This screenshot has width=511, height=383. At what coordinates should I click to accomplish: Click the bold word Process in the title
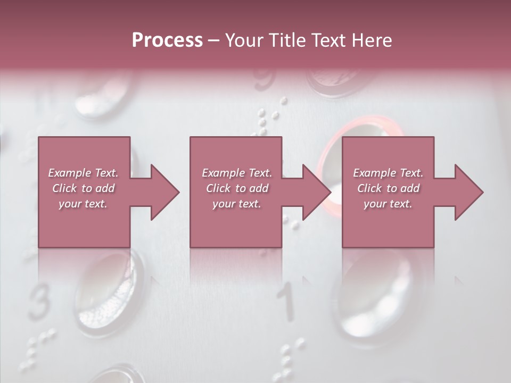tap(167, 40)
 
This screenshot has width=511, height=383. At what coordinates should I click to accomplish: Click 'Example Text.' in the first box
tap(84, 173)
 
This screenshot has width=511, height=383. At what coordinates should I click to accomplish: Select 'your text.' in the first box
tap(84, 204)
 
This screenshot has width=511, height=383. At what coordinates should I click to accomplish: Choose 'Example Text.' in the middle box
tap(237, 173)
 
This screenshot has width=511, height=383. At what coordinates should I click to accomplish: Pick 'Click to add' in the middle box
tap(237, 188)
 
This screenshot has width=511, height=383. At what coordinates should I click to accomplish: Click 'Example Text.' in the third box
tap(388, 173)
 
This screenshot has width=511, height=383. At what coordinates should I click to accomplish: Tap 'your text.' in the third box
tap(388, 204)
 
